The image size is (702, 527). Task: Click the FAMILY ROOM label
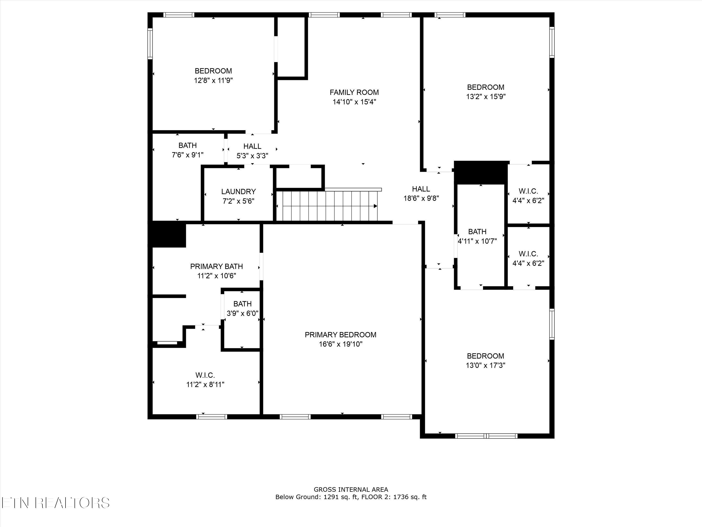[354, 93]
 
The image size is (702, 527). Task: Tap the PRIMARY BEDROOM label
[340, 334]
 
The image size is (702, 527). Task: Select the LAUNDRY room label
[238, 192]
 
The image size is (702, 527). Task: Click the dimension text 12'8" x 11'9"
[213, 80]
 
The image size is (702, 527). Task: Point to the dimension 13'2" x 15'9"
[486, 96]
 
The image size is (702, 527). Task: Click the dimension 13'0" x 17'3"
[485, 365]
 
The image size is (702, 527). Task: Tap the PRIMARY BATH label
[216, 266]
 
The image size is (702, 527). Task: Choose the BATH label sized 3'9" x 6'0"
[242, 304]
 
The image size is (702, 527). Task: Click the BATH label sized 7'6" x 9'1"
[187, 145]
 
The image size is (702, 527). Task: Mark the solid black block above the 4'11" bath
[481, 172]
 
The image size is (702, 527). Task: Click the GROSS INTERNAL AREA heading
[351, 490]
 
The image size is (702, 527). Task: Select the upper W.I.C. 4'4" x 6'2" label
[528, 191]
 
